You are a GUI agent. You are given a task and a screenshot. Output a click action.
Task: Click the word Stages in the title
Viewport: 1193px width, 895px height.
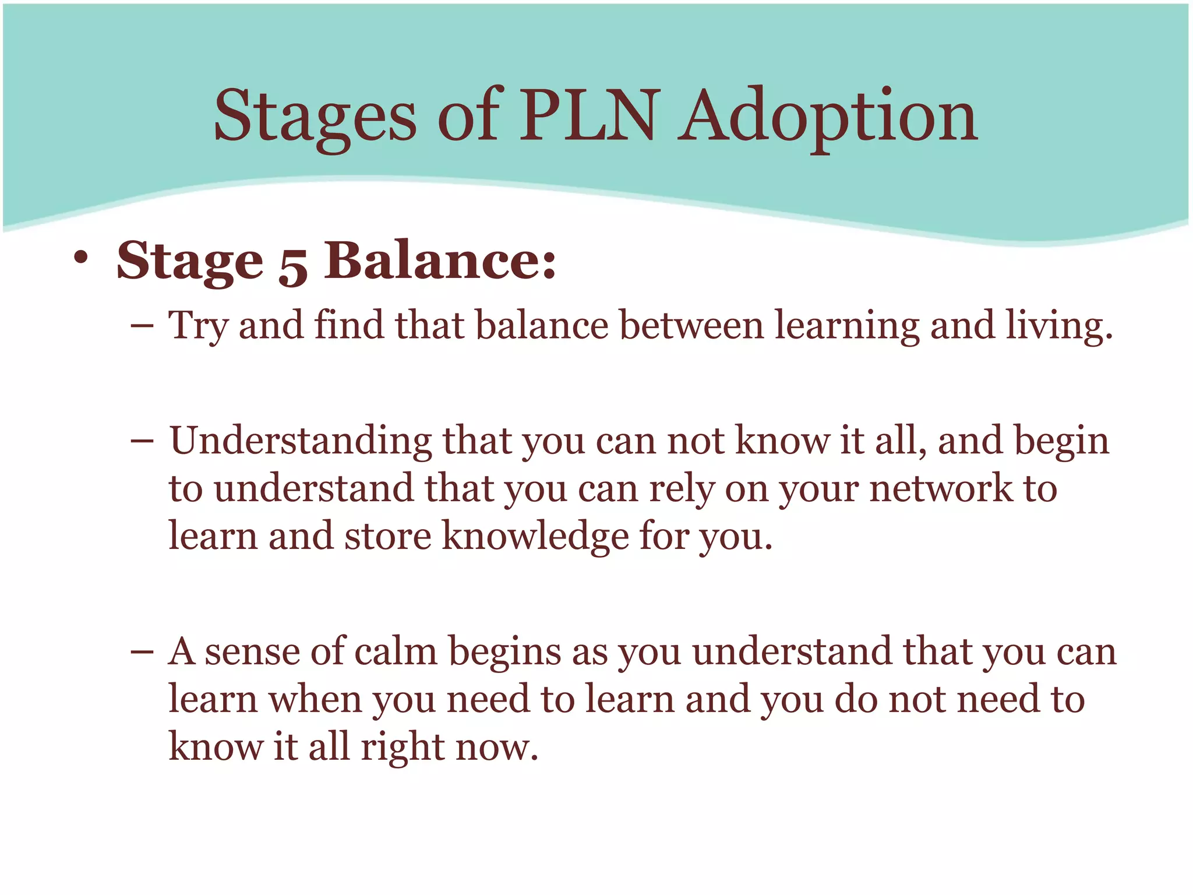(315, 117)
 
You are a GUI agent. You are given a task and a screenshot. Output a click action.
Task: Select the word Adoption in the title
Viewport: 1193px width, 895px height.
(828, 117)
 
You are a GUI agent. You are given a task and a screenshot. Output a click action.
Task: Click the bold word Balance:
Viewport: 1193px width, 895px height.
(440, 260)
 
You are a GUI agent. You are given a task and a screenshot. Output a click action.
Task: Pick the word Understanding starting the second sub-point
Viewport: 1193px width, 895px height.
(301, 442)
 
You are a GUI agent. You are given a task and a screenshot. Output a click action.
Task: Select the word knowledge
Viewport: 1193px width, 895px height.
(535, 537)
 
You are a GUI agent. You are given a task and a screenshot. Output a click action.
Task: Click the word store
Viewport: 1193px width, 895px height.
(388, 537)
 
